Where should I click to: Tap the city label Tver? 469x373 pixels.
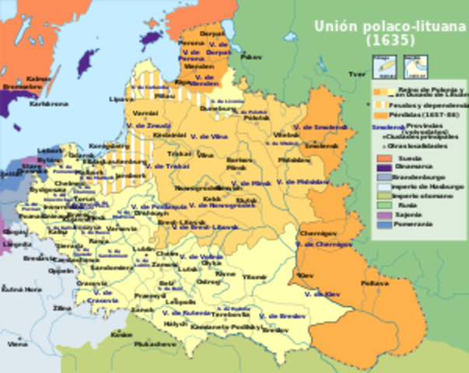coord(357,75)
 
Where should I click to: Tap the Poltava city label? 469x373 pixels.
coord(380,284)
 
